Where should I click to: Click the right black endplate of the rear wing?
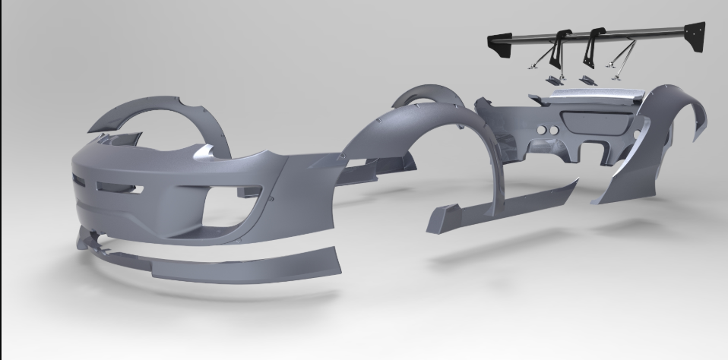click(694, 38)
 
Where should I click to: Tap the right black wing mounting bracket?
click(590, 49)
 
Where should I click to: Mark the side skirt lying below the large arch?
click(502, 201)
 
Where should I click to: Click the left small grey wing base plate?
click(553, 78)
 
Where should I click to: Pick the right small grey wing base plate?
click(587, 78)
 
